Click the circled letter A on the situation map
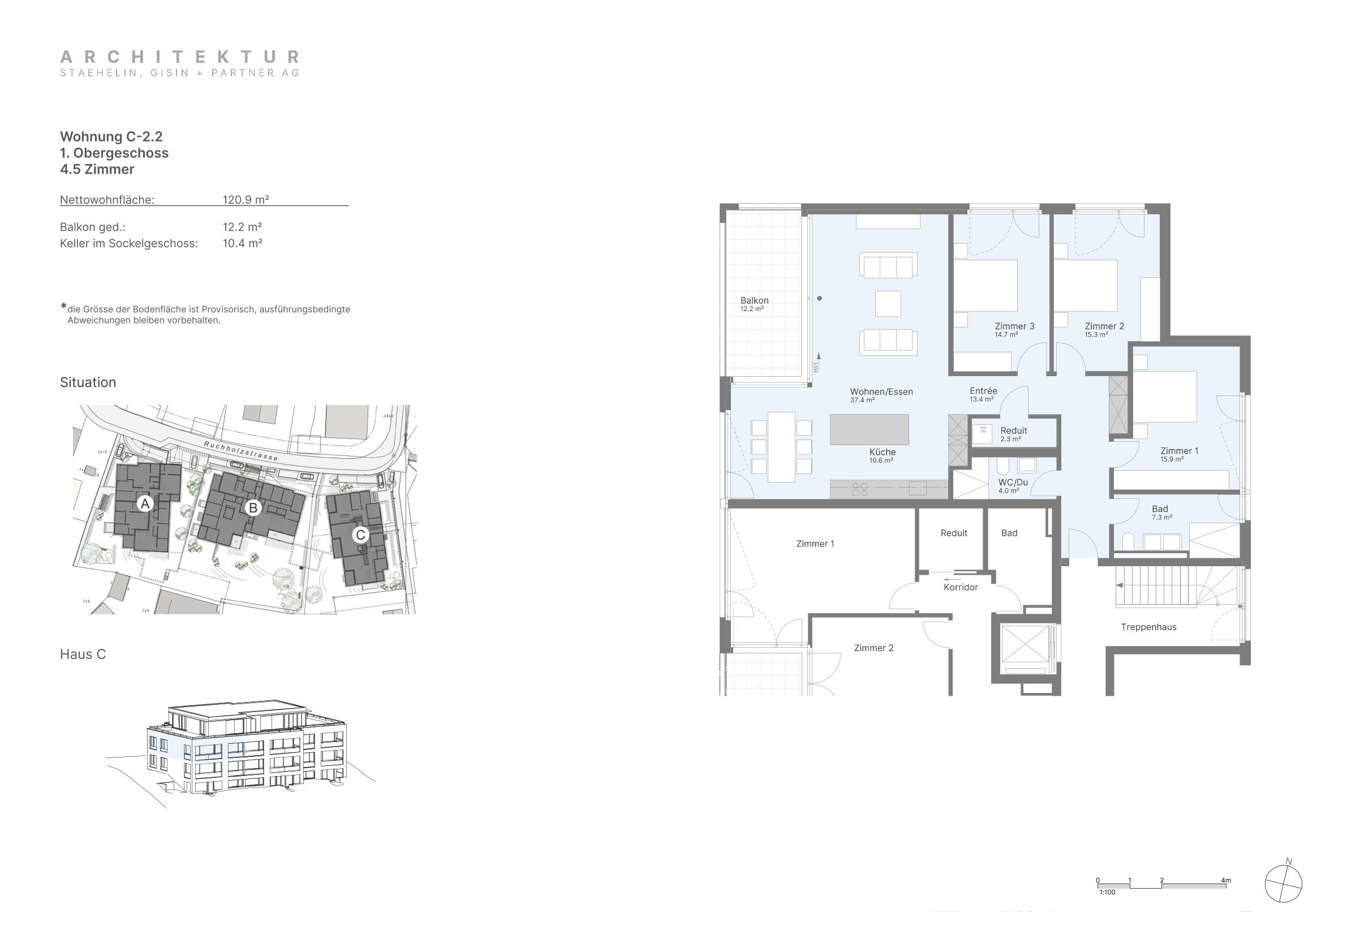[145, 503]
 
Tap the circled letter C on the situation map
[360, 535]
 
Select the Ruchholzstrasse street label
[240, 451]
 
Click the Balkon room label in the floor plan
[754, 300]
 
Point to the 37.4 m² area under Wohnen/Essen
[862, 400]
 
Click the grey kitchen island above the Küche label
[869, 429]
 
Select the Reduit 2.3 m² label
[1013, 433]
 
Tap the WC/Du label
[1013, 483]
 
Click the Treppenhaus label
[1148, 627]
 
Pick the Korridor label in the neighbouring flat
[961, 587]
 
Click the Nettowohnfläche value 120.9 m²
[245, 200]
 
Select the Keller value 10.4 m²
[242, 243]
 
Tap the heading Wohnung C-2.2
[111, 137]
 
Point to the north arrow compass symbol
[1283, 884]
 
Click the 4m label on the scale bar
[1225, 880]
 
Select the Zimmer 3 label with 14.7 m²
[1014, 329]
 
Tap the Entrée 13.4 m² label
[983, 394]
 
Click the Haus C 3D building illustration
[247, 751]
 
